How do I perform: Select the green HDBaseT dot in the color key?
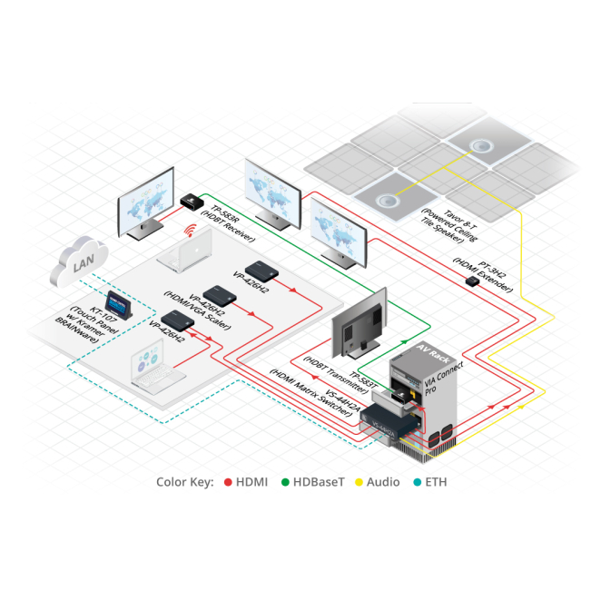285,482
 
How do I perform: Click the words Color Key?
185,482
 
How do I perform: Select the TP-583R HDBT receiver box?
192,197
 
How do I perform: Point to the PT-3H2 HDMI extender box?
471,281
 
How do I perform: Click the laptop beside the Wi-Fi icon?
185,253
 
